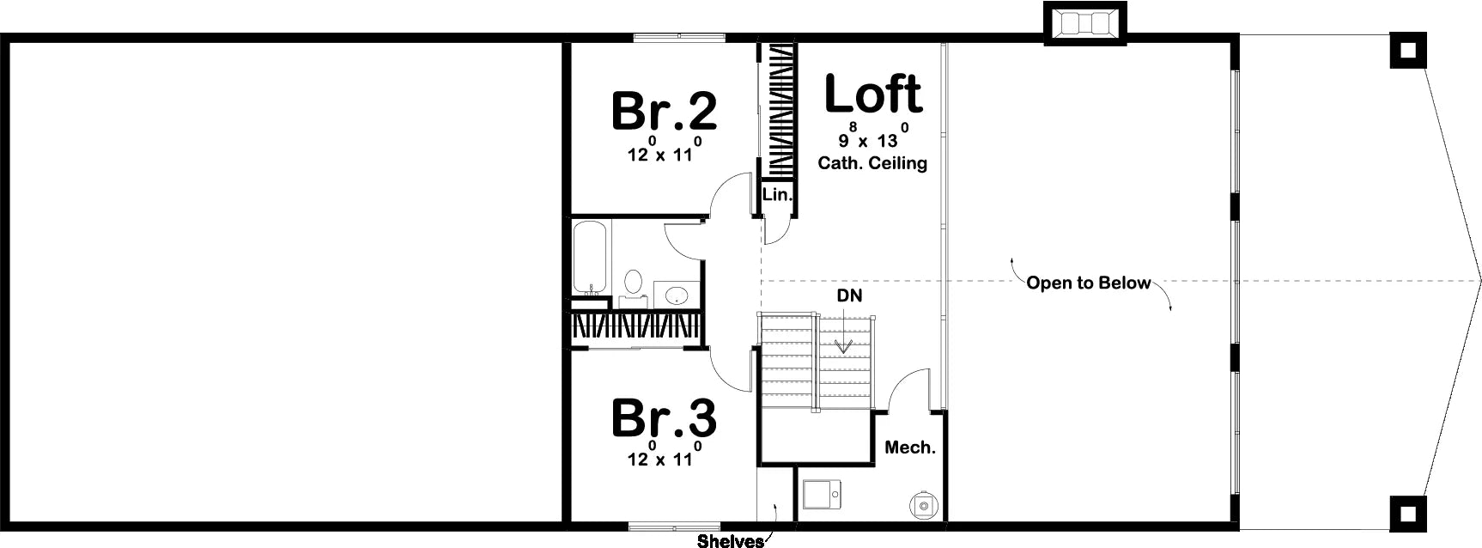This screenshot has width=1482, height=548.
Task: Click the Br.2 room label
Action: (x=664, y=111)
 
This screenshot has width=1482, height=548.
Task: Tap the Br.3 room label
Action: (x=664, y=419)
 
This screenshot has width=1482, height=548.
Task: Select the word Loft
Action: (x=872, y=94)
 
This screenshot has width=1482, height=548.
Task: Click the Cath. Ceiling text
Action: (x=872, y=162)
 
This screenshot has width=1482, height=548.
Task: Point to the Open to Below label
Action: (x=1088, y=283)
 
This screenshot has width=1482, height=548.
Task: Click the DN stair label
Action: (x=850, y=295)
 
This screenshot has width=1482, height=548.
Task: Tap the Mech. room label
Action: (x=910, y=448)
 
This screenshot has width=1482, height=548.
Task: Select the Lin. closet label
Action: (x=777, y=195)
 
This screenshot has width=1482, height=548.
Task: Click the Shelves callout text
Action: (x=731, y=541)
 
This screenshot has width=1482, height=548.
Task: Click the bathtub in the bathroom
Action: (x=591, y=257)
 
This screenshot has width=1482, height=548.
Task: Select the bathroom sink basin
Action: (x=677, y=295)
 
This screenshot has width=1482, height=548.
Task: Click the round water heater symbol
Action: (x=924, y=506)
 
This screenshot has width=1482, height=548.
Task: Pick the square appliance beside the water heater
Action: (x=823, y=496)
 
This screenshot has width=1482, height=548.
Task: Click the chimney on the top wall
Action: (x=1084, y=23)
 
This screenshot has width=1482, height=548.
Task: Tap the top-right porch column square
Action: (x=1408, y=51)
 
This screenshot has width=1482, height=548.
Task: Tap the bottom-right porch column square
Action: (x=1408, y=514)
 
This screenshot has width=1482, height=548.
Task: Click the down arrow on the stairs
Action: (x=844, y=332)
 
